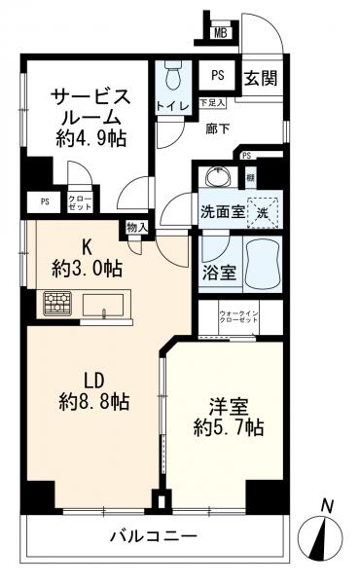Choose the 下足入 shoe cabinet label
coord(212,101)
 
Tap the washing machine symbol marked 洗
coord(263,210)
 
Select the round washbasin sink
coord(216,177)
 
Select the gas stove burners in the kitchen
coord(57,305)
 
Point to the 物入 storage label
coord(136,228)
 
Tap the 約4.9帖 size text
coord(90,138)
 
